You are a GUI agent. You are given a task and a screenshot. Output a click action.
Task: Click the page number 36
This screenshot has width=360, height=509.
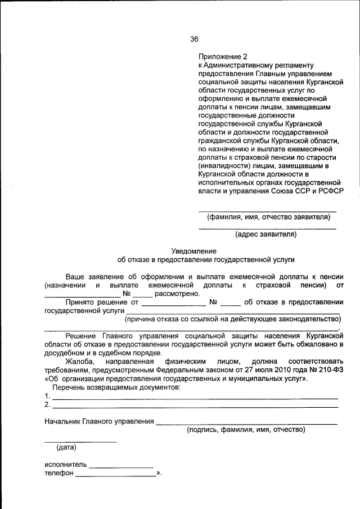click(194, 39)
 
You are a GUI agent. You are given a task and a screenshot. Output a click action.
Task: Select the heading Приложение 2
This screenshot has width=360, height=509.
click(223, 57)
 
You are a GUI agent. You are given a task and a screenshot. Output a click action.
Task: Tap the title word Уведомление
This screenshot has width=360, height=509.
click(193, 251)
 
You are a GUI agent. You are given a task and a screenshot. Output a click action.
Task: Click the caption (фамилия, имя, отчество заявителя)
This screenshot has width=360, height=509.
click(268, 217)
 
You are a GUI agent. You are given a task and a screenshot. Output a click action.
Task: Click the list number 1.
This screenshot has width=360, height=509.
click(47, 396)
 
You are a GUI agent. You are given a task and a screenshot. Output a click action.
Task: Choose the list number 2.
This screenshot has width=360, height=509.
click(47, 404)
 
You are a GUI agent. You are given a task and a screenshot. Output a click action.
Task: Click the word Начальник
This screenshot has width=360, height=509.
click(62, 421)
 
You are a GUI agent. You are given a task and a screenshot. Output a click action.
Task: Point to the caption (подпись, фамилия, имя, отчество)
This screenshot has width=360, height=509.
click(246, 430)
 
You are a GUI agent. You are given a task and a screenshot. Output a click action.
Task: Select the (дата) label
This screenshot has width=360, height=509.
click(66, 448)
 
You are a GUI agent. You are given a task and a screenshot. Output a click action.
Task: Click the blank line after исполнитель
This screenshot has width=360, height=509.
click(121, 467)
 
